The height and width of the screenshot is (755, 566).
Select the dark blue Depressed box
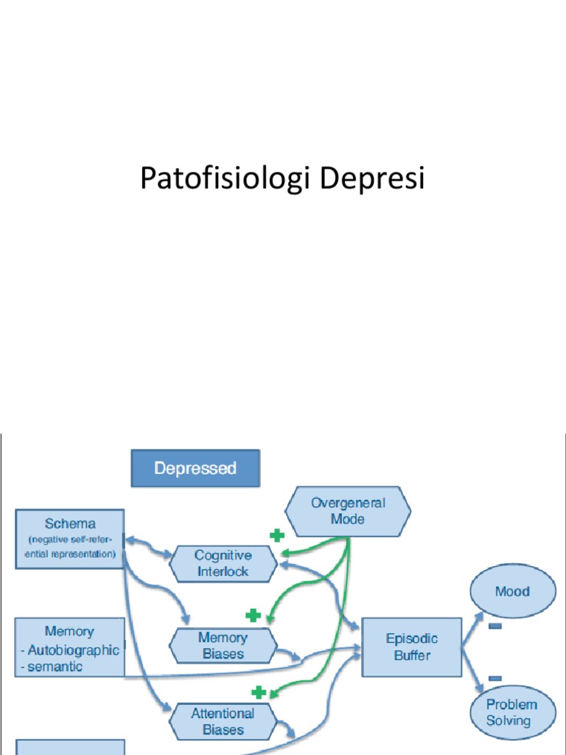[x=195, y=468]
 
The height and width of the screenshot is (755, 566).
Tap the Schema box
[x=70, y=538]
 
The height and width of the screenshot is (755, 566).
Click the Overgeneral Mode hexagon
[x=348, y=511]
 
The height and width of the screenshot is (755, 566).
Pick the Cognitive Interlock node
[x=223, y=563]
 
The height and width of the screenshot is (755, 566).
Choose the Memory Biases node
[x=223, y=645]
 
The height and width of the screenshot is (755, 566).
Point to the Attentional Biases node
[x=223, y=721]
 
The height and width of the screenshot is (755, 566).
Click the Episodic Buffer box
[x=411, y=647]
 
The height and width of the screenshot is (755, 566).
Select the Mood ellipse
[x=512, y=591]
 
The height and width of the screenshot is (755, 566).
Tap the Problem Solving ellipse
[x=512, y=711]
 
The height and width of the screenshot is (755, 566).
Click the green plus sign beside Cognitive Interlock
[x=276, y=535]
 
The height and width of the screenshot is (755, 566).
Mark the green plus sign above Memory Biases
[x=253, y=615]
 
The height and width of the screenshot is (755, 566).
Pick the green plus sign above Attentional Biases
[x=258, y=692]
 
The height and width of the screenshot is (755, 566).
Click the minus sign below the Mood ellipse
[x=495, y=626]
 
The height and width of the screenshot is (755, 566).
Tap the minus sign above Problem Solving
[x=495, y=678]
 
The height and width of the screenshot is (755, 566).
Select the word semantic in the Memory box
[x=56, y=667]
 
